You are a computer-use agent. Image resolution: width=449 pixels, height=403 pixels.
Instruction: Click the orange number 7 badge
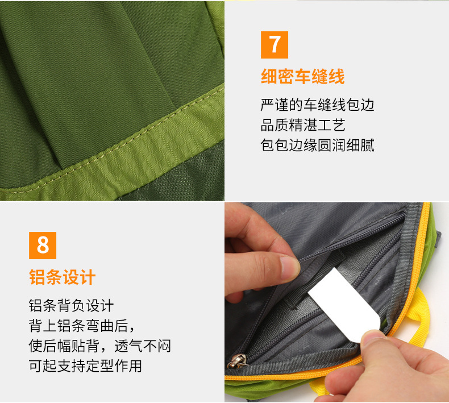[275, 45]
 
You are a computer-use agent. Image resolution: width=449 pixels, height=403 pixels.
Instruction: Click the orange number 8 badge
[43, 246]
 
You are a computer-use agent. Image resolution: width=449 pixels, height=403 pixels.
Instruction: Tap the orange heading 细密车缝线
[303, 77]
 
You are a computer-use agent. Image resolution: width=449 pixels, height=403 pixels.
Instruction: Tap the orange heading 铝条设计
[62, 277]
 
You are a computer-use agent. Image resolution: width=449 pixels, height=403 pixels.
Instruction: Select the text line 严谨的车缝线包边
[317, 105]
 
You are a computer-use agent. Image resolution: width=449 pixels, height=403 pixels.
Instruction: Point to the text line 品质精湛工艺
[303, 125]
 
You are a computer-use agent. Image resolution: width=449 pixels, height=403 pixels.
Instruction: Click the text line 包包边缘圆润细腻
[317, 145]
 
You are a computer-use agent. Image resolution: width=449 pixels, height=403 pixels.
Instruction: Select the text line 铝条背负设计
[71, 305]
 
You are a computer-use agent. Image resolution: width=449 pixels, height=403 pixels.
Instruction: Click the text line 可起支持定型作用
[85, 365]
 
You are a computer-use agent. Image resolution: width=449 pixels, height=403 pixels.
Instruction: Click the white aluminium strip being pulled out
[344, 304]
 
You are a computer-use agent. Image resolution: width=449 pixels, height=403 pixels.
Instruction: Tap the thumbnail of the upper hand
[289, 267]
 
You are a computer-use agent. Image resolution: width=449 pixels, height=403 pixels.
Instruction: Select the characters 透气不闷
[143, 346]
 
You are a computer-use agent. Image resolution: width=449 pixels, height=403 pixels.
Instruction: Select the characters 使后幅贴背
[64, 346]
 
